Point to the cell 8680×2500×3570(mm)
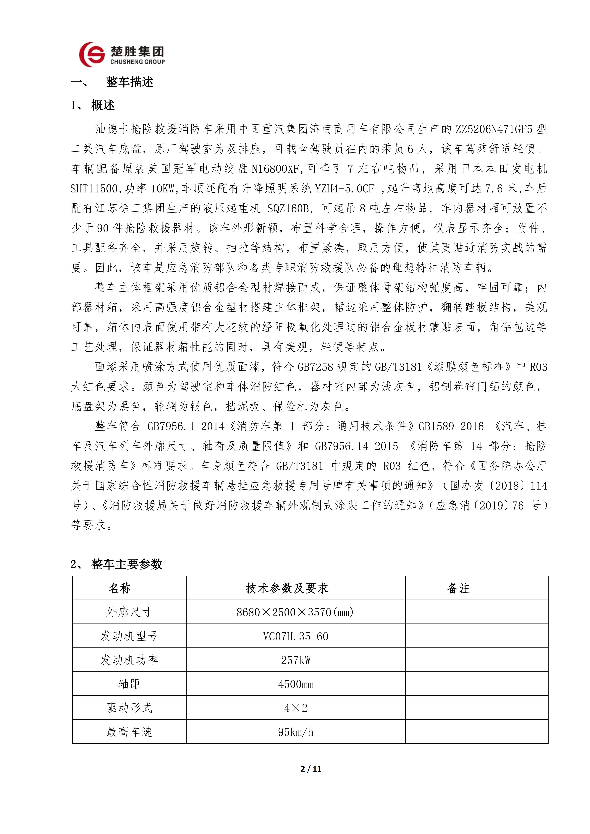click(295, 612)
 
